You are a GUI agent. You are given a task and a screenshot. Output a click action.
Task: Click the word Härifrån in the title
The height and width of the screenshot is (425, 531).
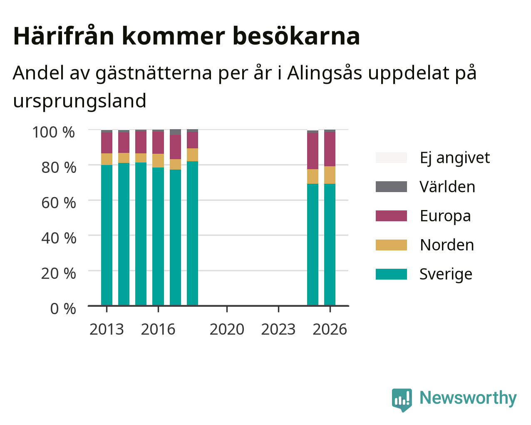point(64,36)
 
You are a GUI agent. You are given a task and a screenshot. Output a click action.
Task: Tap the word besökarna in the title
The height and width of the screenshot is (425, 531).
point(296,36)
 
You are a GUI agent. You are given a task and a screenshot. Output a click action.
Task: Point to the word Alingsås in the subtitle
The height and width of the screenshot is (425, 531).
point(324,73)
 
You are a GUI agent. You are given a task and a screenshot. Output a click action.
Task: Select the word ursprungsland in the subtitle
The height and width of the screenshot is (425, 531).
point(80,101)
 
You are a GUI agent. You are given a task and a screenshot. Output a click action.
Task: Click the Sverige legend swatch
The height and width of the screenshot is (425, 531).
point(391,274)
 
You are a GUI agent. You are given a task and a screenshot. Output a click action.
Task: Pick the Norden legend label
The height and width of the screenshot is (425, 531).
point(447,245)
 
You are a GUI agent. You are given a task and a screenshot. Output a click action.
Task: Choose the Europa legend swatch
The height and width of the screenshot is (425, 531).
point(391,216)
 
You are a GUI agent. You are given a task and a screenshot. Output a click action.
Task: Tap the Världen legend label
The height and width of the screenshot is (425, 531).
point(447,187)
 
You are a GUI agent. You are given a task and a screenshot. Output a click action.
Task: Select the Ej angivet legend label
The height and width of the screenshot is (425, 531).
point(455,158)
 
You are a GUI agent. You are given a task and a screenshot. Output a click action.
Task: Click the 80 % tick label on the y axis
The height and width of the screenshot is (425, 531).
point(59,167)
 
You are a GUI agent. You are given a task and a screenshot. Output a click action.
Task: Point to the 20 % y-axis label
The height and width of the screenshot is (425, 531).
point(59,273)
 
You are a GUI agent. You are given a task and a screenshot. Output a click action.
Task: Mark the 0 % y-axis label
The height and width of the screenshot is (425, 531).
point(63,309)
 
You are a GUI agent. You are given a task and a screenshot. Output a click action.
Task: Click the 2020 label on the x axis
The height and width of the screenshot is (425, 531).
point(227,329)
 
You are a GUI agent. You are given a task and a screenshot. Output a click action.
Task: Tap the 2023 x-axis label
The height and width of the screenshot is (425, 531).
point(278,329)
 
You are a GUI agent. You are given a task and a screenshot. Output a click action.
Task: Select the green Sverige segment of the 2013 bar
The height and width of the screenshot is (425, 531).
point(107,235)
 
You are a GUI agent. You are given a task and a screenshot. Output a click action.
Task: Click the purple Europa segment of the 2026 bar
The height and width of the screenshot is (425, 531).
point(330,149)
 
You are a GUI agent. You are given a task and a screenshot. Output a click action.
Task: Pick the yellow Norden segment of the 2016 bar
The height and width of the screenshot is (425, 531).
point(158,160)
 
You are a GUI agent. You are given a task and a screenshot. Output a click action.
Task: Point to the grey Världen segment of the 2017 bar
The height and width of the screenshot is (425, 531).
point(175,132)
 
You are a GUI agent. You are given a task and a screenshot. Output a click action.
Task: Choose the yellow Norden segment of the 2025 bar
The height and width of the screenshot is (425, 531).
point(313,176)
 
